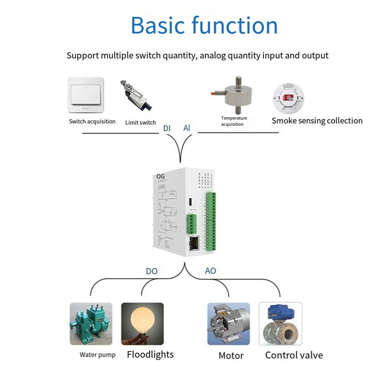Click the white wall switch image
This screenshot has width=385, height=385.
[85, 95]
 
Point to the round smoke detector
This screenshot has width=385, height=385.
[288, 98]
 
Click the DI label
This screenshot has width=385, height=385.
[167, 128]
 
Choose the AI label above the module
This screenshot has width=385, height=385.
[187, 128]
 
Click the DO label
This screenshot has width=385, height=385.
[152, 271]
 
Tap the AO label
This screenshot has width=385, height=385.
[210, 271]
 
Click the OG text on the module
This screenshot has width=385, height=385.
[161, 176]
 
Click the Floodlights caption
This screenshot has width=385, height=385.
[150, 354]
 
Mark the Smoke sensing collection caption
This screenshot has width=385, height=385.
[317, 121]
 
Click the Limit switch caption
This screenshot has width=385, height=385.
[140, 123]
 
